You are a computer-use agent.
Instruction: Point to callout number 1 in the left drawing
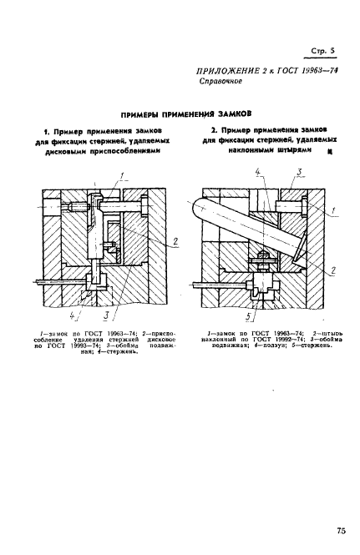(121, 174)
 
